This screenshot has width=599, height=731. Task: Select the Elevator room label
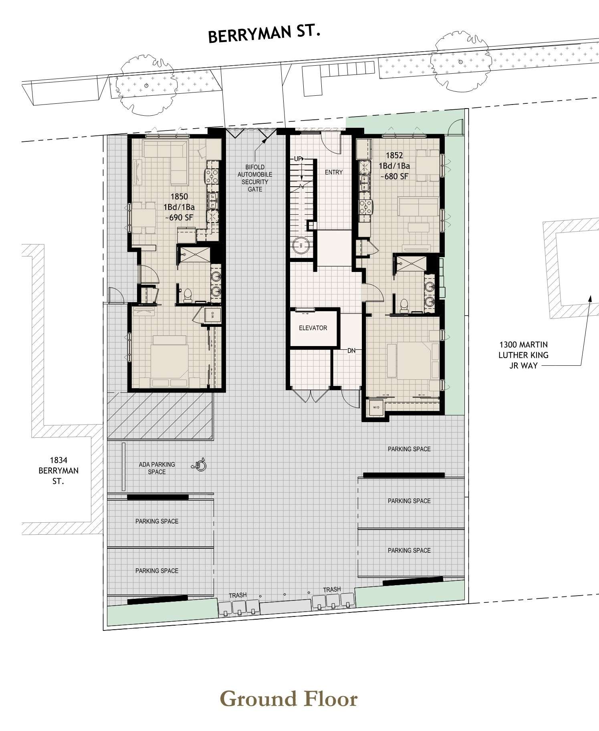313,328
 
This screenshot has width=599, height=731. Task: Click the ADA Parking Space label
157,468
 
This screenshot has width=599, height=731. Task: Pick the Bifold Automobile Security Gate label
255,178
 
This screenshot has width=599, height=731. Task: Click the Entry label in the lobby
334,172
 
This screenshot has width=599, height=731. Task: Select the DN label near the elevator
351,351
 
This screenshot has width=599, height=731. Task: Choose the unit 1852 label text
395,165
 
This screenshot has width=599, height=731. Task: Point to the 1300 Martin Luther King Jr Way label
523,355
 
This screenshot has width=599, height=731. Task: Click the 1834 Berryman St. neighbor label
58,471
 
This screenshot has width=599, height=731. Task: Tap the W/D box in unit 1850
212,315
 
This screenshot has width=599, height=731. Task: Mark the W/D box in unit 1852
376,407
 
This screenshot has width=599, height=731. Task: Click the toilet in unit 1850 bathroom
188,295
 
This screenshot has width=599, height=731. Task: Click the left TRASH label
238,595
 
